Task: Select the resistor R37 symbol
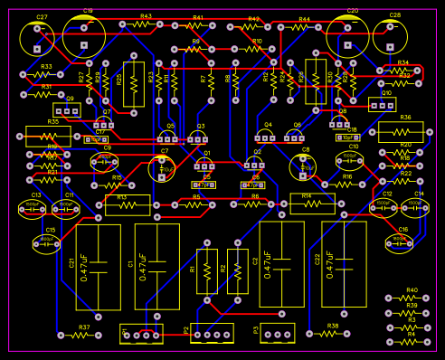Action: (x=82, y=336)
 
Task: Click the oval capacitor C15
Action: (x=50, y=242)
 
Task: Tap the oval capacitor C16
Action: (x=402, y=242)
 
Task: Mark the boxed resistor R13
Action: (x=128, y=205)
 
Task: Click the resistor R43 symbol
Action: (x=145, y=25)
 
